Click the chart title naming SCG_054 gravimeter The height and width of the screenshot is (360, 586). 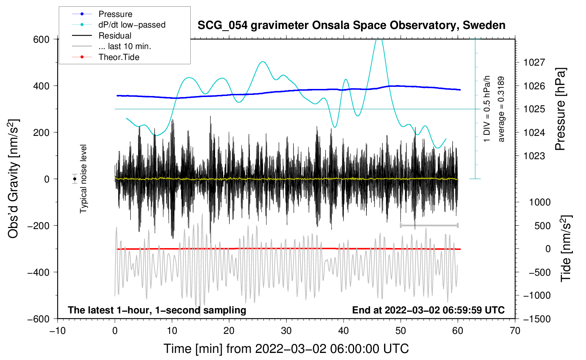[x=351, y=25]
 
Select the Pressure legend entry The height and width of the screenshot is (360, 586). [x=115, y=14]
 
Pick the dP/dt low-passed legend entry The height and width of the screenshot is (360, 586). [x=132, y=25]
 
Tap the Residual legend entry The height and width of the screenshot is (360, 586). [x=115, y=36]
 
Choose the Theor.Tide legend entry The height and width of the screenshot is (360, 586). [x=119, y=57]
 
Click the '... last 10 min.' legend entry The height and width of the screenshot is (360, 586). [x=125, y=46]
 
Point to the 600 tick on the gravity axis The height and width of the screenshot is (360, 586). [x=41, y=39]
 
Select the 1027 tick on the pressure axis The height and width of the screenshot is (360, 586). [x=534, y=62]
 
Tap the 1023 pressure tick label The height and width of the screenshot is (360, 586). [x=534, y=156]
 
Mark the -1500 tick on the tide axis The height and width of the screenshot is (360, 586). [x=537, y=319]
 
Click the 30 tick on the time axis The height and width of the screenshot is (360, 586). [x=286, y=331]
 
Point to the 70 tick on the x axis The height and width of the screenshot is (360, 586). [x=515, y=331]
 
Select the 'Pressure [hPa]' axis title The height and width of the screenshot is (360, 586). [x=560, y=109]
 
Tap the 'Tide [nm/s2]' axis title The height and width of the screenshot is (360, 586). [x=566, y=248]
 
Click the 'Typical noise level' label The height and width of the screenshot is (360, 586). [x=83, y=179]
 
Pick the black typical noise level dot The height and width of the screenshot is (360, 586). [x=74, y=179]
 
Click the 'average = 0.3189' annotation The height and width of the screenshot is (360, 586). [x=501, y=109]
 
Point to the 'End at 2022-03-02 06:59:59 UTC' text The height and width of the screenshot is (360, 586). [x=428, y=310]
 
